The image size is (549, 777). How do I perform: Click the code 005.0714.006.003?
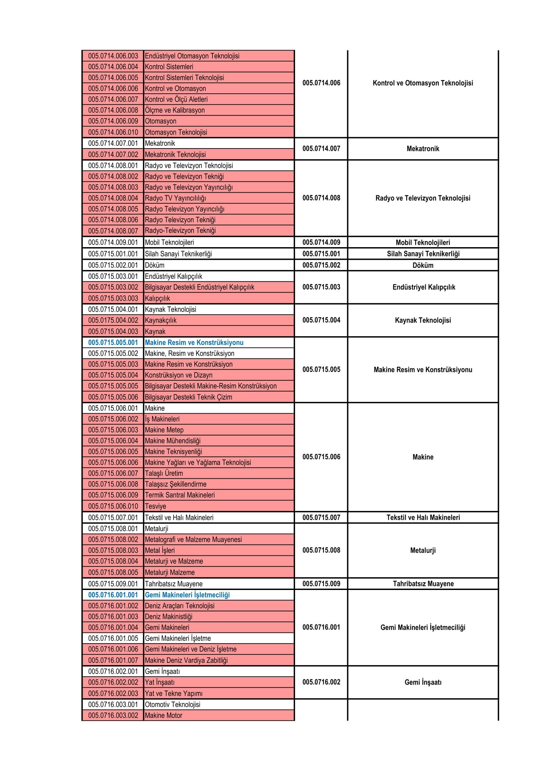(x=113, y=56)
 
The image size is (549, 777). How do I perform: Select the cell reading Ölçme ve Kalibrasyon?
(x=175, y=110)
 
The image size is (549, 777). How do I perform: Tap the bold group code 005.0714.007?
(x=321, y=148)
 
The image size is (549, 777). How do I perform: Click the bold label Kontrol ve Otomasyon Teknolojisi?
(x=423, y=83)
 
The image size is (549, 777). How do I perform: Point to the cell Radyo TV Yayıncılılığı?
(x=176, y=198)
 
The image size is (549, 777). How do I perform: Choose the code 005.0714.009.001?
(x=113, y=242)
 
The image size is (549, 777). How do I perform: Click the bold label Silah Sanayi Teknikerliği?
(x=423, y=254)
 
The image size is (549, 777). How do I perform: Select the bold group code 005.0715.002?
(x=321, y=265)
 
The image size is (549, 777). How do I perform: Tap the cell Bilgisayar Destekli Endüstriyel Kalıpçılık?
(x=199, y=287)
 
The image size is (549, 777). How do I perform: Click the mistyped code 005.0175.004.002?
(x=113, y=320)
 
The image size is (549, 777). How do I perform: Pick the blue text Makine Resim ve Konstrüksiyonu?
(x=194, y=342)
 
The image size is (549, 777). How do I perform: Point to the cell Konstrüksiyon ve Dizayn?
(x=179, y=375)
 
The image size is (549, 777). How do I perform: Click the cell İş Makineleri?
(x=162, y=419)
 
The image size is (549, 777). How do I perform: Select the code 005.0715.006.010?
(x=113, y=506)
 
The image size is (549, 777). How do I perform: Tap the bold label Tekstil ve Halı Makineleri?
(x=423, y=518)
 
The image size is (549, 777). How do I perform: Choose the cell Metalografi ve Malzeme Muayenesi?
(x=194, y=539)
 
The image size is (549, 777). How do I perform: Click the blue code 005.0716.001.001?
(x=113, y=595)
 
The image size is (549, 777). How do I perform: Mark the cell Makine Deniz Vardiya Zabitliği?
(x=186, y=660)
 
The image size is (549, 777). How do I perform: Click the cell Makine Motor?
(x=164, y=716)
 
